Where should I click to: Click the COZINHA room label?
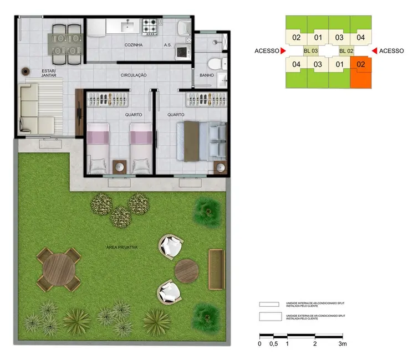pos(135,45)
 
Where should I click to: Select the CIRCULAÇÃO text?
pos(133,75)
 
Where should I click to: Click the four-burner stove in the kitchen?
pos(150,25)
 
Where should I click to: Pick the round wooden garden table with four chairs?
pos(58,269)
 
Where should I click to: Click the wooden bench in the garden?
pos(216,269)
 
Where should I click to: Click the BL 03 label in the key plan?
pos(310,51)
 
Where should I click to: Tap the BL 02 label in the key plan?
pos(346,51)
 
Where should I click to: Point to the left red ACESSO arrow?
pos(283,51)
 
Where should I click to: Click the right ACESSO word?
pos(392,51)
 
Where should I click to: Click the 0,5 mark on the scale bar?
pos(273,344)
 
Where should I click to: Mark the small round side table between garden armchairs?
pos(186,270)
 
